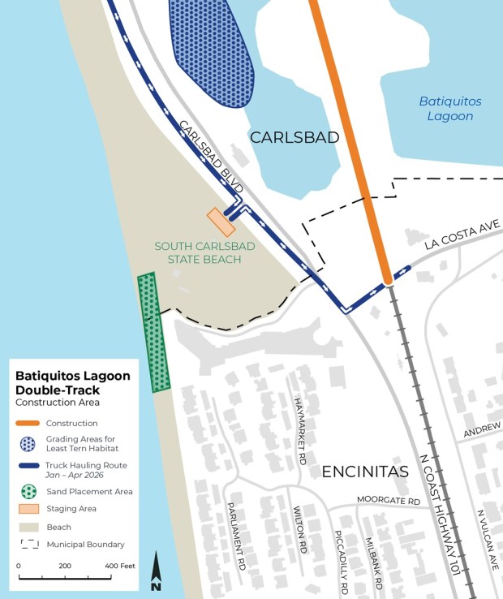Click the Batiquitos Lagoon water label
449,109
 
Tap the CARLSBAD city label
294,138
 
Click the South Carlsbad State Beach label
199,252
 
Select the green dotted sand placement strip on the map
153,333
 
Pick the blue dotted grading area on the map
211,49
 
